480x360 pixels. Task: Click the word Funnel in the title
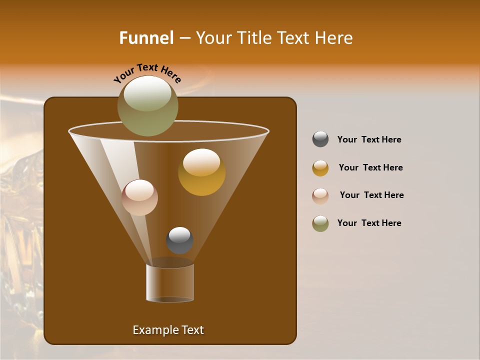click(x=146, y=38)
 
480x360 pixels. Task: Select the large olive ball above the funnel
click(x=147, y=105)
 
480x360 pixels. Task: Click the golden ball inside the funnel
click(x=201, y=172)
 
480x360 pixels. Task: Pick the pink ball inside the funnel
click(x=139, y=197)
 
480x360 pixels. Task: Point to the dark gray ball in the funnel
click(x=179, y=240)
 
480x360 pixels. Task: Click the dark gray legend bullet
click(x=320, y=139)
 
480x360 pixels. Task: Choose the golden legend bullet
click(x=320, y=168)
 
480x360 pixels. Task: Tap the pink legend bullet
click(x=320, y=195)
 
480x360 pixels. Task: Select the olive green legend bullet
click(x=320, y=223)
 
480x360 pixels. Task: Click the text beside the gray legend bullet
click(x=369, y=139)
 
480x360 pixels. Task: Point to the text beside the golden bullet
click(x=370, y=167)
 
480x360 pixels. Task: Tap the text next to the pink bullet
click(x=371, y=195)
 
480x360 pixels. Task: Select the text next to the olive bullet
click(x=369, y=223)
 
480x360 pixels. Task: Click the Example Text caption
click(x=168, y=330)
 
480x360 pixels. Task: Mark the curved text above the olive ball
click(x=147, y=73)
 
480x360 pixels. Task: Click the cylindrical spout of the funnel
click(x=170, y=282)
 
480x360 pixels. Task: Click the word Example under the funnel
click(x=154, y=330)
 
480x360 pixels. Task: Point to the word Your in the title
click(x=213, y=38)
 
